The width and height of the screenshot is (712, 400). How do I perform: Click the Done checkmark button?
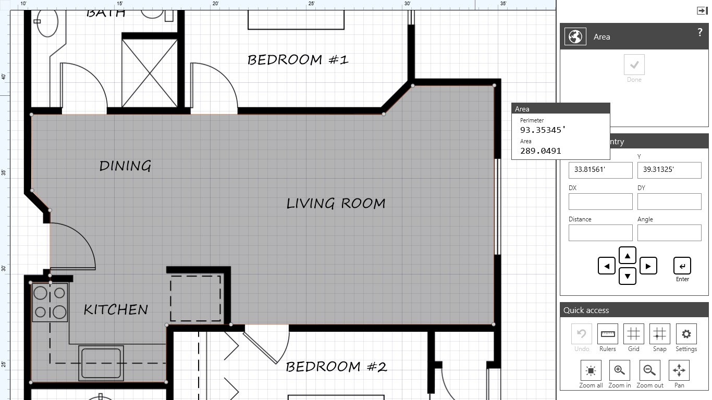coord(634,65)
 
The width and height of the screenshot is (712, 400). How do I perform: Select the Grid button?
coord(633,334)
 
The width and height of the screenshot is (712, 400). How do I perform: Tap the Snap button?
coord(659,334)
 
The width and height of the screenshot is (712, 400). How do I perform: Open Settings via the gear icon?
coord(686,334)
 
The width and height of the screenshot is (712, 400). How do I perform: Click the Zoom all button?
coord(591,370)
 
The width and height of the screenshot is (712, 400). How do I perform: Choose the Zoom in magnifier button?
coord(619,370)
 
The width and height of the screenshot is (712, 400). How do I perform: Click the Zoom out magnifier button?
coord(649,370)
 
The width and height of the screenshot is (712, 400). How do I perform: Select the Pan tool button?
coord(679,370)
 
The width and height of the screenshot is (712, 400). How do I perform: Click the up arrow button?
coord(627,256)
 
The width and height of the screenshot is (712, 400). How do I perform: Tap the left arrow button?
coord(607,266)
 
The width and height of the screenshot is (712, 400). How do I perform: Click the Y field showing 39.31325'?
coord(669,170)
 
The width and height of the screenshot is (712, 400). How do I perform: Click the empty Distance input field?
coord(600,233)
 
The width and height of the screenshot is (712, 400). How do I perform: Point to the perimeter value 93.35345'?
coord(543,130)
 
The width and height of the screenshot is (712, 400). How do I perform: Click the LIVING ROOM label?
coord(336,203)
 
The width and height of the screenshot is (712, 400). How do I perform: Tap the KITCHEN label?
coord(116,309)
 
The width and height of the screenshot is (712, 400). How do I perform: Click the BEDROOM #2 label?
coord(336,367)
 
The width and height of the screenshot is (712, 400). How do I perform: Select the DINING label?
coord(125,166)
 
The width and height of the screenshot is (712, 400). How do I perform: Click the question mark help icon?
coord(699,33)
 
